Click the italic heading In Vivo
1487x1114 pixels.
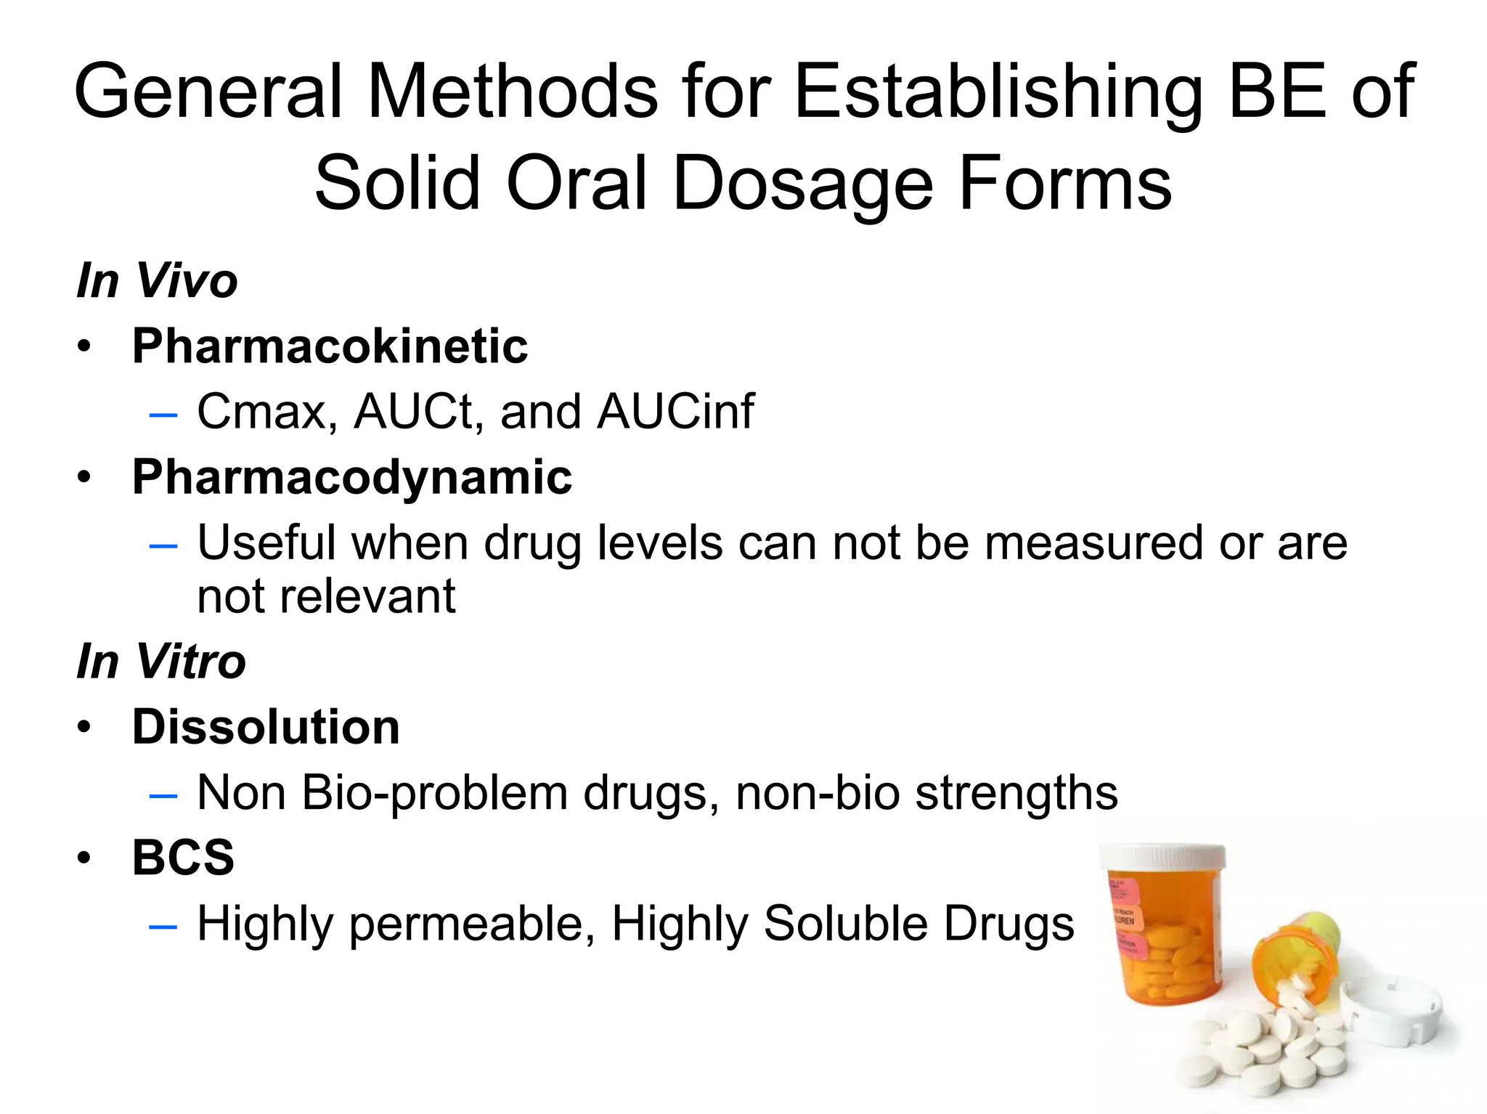point(157,281)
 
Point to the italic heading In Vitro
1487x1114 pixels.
point(161,662)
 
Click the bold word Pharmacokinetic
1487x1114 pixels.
point(330,346)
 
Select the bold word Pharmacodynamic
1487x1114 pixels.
point(352,477)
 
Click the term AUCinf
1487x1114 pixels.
point(675,412)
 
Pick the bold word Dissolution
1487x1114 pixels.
point(266,727)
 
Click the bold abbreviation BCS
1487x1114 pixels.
point(183,858)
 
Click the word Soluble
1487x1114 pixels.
point(845,924)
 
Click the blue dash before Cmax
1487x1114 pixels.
point(163,415)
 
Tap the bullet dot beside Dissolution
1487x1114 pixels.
point(85,728)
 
